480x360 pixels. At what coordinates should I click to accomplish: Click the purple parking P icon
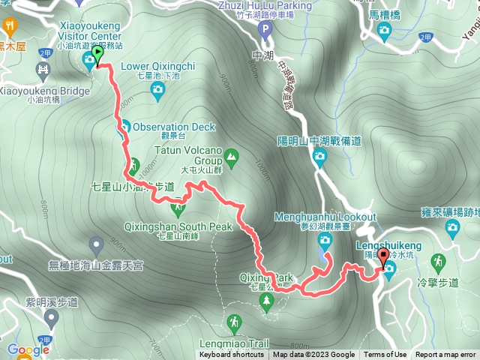point(263,30)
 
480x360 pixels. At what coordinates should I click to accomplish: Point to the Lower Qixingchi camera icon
point(157,91)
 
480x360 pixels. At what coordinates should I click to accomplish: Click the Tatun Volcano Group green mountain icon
point(231,157)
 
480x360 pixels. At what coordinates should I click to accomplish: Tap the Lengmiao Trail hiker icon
point(235,323)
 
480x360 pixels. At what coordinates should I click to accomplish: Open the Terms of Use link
point(385,355)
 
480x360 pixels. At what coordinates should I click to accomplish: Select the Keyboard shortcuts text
point(232,355)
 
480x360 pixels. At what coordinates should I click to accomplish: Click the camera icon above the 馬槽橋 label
point(385,31)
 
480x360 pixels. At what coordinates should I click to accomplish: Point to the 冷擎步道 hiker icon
point(438,262)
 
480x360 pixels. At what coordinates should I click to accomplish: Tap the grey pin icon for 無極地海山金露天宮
point(96,244)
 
